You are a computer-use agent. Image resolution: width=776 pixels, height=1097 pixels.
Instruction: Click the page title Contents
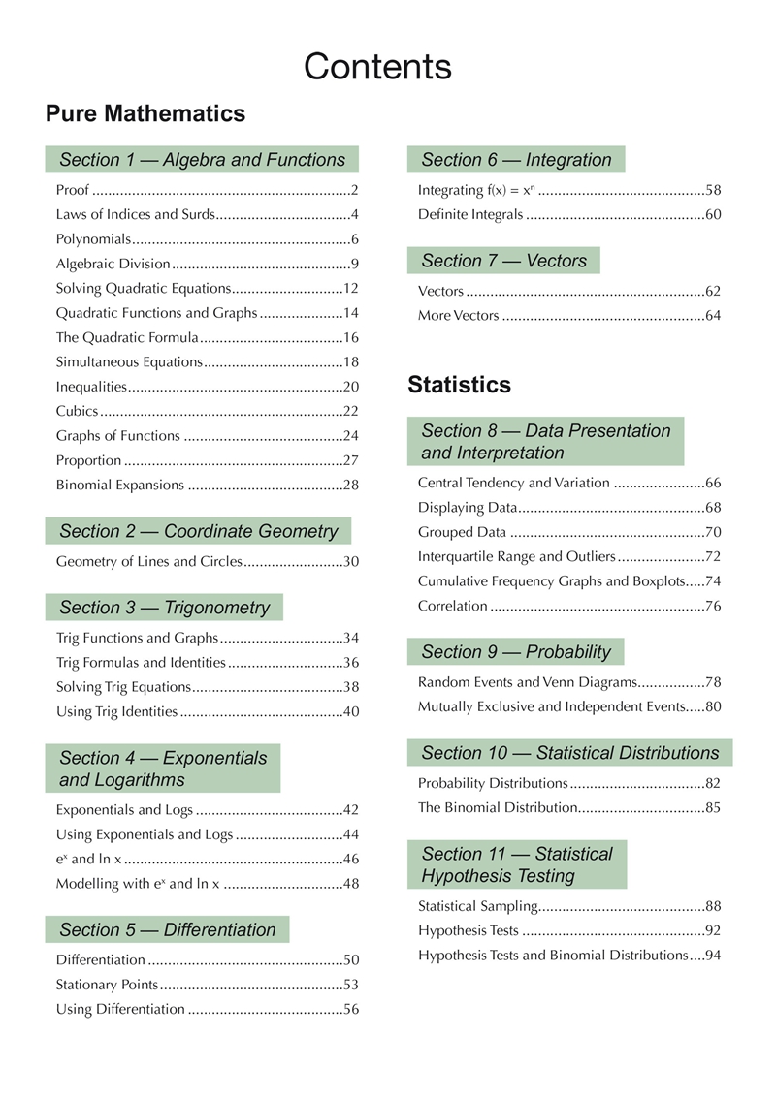coord(377,67)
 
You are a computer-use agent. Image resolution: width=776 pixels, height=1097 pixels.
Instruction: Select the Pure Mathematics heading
coord(145,114)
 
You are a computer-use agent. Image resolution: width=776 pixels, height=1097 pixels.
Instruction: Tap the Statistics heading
coord(460,385)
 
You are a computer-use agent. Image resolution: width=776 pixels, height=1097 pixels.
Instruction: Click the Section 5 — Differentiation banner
coord(167,930)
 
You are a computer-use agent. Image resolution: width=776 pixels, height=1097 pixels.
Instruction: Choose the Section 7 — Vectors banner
coord(503,261)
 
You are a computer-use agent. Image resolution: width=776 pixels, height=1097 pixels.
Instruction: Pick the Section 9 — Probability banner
coord(516,652)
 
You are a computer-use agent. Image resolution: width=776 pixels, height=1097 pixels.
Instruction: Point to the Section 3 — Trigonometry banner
coord(164,608)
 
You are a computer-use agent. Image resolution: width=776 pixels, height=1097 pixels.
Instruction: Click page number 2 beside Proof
coord(355,190)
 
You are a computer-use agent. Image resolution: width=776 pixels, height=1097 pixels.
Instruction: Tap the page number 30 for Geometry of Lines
coord(351,561)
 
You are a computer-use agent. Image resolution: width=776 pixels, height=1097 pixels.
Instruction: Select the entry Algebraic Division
coord(113,264)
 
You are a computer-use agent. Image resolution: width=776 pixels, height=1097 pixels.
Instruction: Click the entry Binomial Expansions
coord(119,485)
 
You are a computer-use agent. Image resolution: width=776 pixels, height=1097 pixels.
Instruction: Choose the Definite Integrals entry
coord(470,214)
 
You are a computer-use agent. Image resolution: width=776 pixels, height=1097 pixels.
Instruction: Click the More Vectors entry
coord(458,315)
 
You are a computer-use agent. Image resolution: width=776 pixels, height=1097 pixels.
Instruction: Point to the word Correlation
coord(452,606)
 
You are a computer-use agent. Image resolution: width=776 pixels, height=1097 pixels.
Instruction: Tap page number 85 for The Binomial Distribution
coord(713,807)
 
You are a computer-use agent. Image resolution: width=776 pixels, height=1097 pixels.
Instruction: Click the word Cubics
coord(76,411)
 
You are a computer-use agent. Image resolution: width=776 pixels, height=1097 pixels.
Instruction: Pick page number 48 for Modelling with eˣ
coord(351,883)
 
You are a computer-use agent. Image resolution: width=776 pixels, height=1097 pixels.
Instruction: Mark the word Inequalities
coord(91,387)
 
